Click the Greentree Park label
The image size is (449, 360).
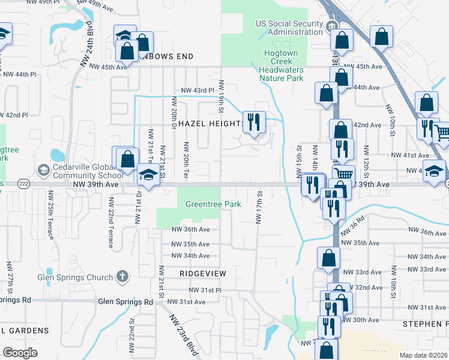click(213, 204)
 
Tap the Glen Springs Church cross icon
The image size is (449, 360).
click(122, 277)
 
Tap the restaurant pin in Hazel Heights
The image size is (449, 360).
click(254, 122)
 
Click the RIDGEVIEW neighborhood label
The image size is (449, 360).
click(203, 273)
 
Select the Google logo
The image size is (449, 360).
click(20, 353)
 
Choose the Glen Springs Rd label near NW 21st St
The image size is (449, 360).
click(125, 302)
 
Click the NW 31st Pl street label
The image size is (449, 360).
click(205, 290)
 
